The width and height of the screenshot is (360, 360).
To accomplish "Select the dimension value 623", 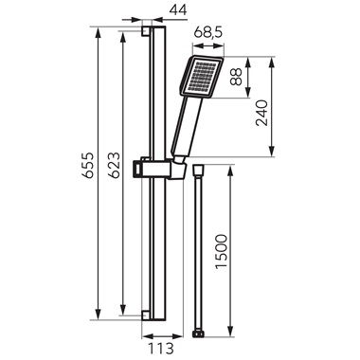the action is coord(114,165).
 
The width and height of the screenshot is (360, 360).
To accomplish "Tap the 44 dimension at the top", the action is coord(178,10).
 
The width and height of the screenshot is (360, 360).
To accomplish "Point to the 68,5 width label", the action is coord(208,32).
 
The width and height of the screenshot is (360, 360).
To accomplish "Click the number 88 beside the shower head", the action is coord(236,77).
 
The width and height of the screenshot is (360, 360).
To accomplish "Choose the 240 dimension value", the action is coord(261,113).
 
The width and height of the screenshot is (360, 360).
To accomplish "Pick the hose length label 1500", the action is coord(221,251).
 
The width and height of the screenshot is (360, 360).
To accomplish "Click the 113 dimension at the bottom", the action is coord(162,349).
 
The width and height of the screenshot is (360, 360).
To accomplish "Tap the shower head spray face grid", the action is coord(201,77).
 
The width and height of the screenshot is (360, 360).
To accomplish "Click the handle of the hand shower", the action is coord(188,126).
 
